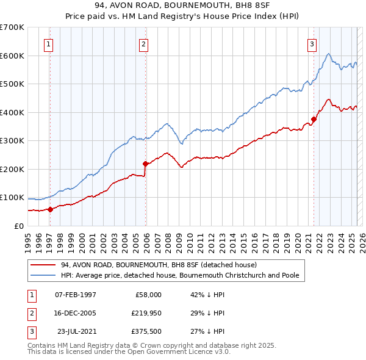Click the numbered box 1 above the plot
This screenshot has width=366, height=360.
[48, 43]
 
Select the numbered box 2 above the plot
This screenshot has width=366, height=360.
[143, 43]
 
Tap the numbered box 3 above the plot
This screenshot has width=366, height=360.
[312, 43]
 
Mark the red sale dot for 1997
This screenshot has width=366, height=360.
[51, 209]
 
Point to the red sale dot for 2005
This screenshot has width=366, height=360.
[145, 164]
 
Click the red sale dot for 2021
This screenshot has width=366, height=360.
[314, 119]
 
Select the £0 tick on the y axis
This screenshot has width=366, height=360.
[18, 226]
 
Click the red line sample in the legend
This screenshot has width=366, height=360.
[43, 265]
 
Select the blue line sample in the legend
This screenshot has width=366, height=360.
[43, 276]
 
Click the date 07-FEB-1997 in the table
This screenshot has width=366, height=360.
[76, 295]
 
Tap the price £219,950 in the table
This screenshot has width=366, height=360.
[145, 314]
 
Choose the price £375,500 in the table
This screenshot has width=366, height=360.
[145, 333]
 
